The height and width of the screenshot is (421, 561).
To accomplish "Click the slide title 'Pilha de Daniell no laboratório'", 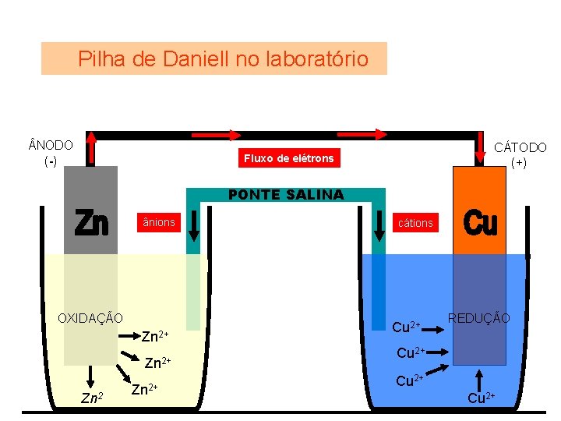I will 223,58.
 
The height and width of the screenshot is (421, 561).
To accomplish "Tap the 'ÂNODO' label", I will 51,146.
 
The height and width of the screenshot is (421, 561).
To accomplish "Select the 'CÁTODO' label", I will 520,147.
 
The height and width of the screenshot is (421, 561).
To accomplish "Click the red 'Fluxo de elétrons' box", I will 288,158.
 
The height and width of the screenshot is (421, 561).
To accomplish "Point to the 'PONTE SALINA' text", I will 285,195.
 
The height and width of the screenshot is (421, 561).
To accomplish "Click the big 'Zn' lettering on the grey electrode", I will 91,224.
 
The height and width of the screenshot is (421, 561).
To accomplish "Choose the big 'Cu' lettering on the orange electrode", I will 480,224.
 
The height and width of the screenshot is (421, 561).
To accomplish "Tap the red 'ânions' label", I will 159,223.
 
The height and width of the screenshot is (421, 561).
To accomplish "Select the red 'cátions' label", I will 415,223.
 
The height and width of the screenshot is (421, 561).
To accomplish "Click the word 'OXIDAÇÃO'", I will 90,317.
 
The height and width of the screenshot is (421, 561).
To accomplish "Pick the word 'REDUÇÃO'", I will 479,318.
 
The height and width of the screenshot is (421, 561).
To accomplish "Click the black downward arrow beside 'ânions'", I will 193,225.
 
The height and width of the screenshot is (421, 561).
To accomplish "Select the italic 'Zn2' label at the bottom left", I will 93,399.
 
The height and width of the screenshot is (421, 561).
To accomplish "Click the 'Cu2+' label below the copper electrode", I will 479,399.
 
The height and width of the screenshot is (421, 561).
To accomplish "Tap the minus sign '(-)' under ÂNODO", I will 51,161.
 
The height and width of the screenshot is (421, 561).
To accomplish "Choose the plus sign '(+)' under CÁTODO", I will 519,162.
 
